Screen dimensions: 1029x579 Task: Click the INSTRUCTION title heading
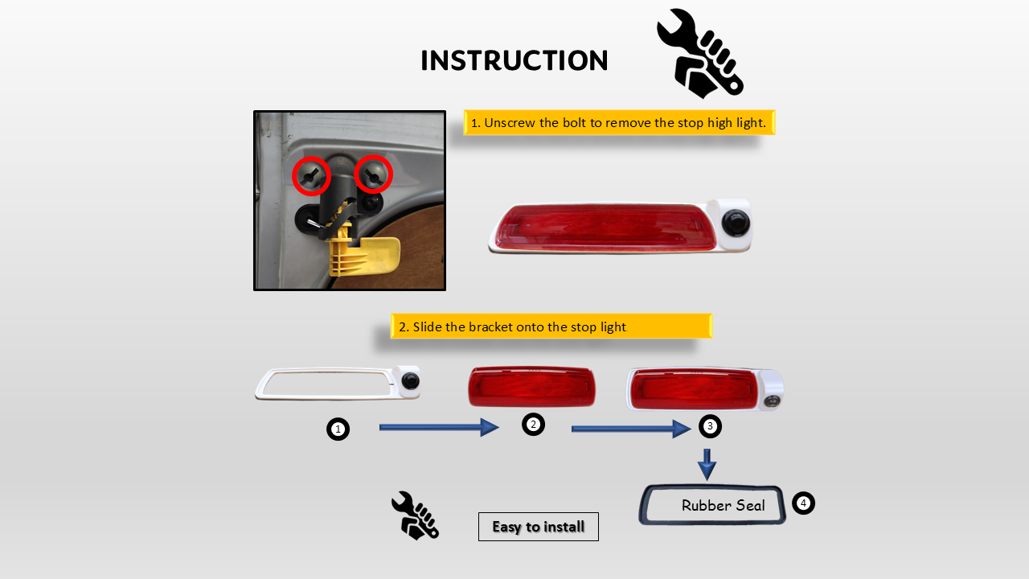(x=514, y=60)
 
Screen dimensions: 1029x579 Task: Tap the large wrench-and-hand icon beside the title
(x=700, y=54)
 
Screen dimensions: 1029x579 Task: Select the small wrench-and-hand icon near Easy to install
(x=416, y=515)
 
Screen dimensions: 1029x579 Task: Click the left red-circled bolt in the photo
(x=311, y=176)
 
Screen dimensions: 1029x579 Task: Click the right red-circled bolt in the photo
(x=373, y=175)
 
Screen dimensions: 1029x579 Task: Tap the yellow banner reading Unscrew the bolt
(x=619, y=123)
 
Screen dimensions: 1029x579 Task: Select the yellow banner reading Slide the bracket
(x=551, y=326)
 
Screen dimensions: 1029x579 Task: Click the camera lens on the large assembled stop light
(x=736, y=223)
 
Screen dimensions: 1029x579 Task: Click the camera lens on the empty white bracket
(x=410, y=381)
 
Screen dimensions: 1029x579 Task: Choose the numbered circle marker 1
(x=338, y=429)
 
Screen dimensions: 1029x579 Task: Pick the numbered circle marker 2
(x=533, y=424)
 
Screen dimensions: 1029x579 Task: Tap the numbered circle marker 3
(x=710, y=426)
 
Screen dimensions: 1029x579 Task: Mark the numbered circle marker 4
(x=803, y=503)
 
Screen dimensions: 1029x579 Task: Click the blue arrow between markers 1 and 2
(x=439, y=427)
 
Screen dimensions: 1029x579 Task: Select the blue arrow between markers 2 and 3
(x=631, y=429)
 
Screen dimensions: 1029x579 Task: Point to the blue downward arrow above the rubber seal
(x=707, y=465)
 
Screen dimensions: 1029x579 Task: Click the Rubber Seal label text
(x=723, y=506)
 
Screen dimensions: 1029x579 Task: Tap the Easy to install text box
(x=539, y=527)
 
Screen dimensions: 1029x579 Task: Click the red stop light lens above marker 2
(x=531, y=387)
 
